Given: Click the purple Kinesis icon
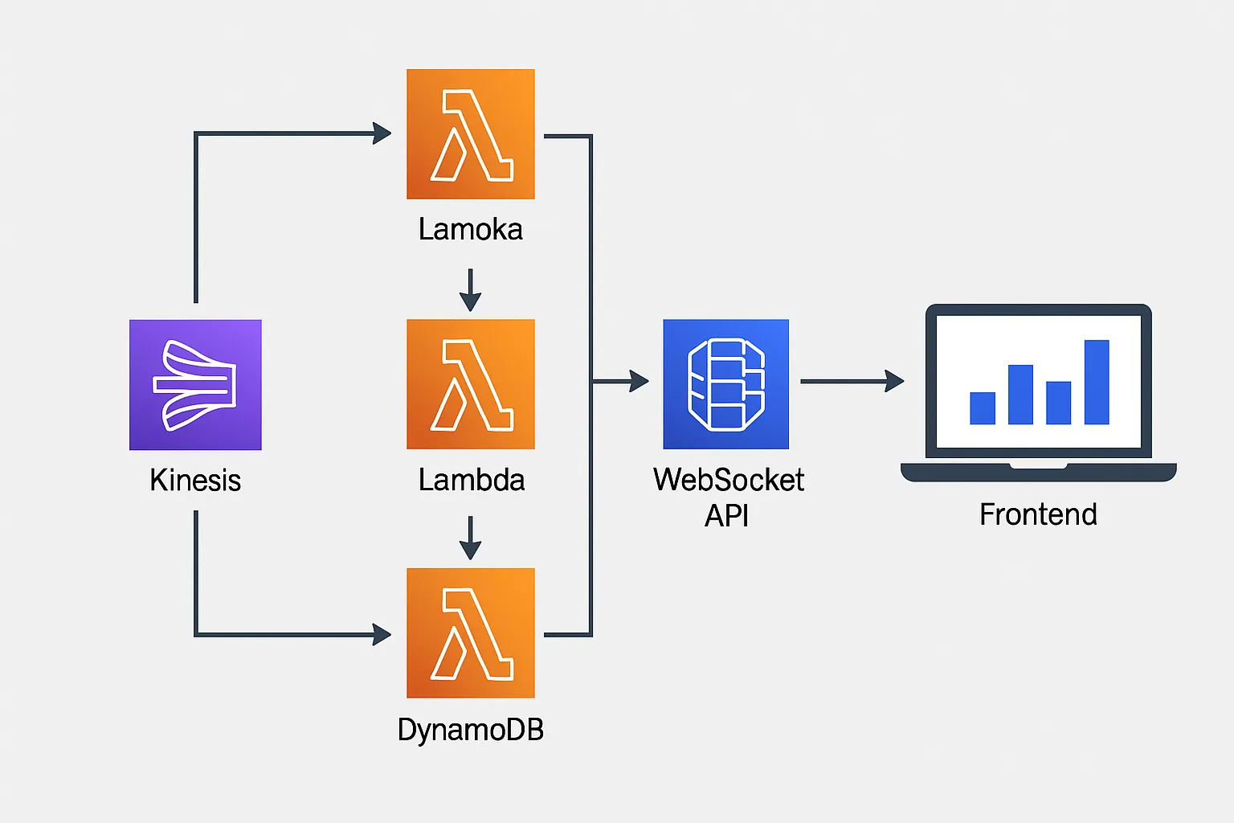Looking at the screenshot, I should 195,384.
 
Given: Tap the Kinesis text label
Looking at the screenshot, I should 195,481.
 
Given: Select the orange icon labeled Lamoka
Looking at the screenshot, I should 471,133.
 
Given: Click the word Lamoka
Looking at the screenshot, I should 471,230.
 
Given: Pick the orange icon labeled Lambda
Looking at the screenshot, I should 471,384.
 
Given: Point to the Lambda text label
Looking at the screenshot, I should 472,481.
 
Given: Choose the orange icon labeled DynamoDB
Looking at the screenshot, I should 471,633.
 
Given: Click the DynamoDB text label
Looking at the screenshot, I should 471,730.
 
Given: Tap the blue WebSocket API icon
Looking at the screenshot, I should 725,384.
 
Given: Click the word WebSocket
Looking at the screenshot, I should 729,480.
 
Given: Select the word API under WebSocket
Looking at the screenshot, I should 726,515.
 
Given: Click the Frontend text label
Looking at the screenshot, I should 1038,514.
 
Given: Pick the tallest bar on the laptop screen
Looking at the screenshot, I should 1097,382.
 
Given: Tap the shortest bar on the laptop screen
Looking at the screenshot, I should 983,407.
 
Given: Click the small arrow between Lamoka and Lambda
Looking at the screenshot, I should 470,290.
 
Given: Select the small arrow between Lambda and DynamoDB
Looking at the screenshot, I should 470,538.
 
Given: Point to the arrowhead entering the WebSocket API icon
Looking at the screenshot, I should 639,381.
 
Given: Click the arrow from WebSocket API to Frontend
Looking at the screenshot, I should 852,381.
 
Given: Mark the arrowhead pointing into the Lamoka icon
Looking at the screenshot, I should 382,133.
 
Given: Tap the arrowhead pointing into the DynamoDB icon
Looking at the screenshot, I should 382,635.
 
